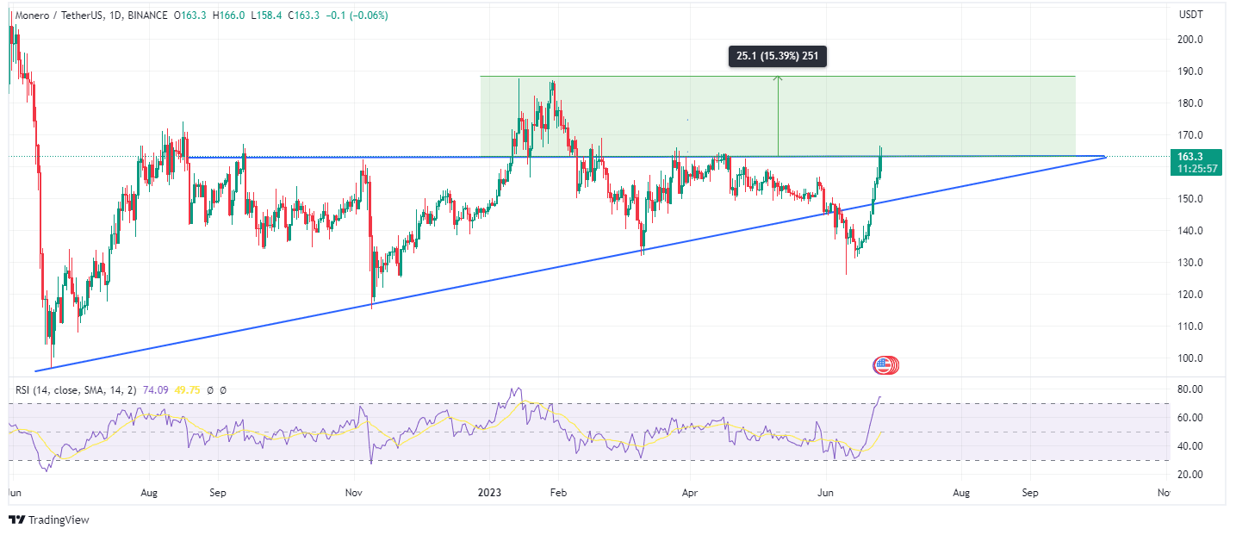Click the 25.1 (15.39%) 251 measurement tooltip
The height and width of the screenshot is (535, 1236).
click(777, 57)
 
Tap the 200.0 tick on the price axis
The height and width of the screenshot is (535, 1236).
click(1191, 40)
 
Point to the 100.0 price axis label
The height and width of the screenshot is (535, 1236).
click(1191, 358)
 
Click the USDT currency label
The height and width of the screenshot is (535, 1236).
click(1190, 15)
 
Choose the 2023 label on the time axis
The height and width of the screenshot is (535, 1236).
click(491, 494)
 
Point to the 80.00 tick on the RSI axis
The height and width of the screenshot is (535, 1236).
click(1190, 389)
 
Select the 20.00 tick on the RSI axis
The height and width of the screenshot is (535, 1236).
click(1190, 475)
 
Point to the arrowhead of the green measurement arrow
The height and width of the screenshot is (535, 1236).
click(778, 78)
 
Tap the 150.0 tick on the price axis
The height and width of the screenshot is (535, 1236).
click(1191, 199)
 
